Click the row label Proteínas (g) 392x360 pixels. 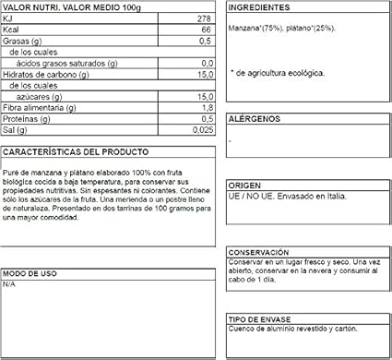pos(27,119)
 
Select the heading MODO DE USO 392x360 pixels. pos(29,274)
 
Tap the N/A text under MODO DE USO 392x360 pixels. pos(10,285)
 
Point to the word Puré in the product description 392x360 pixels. pos(12,169)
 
